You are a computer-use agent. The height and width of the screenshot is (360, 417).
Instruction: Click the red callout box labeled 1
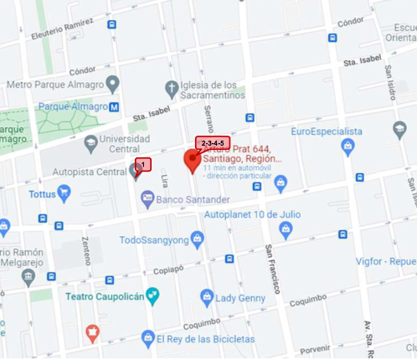142,164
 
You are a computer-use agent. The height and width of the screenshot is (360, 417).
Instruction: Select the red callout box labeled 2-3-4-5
213,143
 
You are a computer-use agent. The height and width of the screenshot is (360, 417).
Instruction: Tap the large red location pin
193,161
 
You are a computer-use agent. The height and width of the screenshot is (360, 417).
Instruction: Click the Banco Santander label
193,199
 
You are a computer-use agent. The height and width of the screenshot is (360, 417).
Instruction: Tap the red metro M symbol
114,106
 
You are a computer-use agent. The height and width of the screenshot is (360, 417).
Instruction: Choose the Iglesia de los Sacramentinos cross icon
172,86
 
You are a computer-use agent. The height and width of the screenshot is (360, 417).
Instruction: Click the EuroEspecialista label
327,131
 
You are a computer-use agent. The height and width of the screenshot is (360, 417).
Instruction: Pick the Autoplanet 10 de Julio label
252,213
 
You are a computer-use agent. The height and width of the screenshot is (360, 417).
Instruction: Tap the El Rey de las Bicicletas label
205,339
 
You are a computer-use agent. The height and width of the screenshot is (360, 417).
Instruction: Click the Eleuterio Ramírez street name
63,32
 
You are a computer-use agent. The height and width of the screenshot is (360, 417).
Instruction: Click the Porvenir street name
315,350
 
